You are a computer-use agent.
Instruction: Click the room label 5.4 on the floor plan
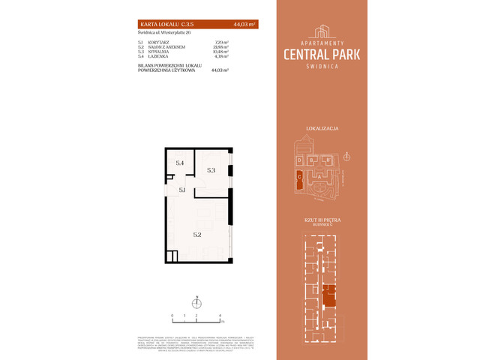tap(179, 162)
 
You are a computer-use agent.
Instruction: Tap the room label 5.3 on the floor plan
tap(211, 170)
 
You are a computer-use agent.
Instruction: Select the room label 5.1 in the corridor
tap(182, 190)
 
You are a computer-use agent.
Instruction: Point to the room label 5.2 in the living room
tap(196, 234)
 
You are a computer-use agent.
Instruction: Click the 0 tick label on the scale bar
tap(172, 316)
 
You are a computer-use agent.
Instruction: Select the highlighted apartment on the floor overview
tap(328, 296)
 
